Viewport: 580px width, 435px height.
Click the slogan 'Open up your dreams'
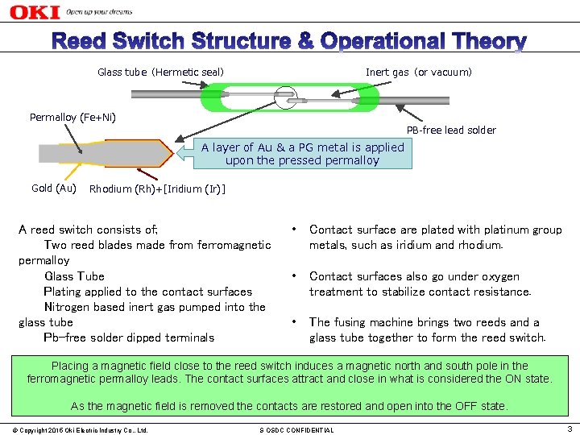click(99, 13)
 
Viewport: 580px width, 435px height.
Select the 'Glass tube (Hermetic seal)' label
click(160, 72)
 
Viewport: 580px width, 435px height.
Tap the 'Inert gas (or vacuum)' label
click(419, 72)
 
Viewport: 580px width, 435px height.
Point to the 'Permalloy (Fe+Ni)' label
click(72, 118)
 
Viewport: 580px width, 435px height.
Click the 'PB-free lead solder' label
click(451, 130)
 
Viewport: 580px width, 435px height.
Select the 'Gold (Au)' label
click(53, 188)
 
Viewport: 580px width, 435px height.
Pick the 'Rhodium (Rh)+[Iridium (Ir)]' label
click(157, 189)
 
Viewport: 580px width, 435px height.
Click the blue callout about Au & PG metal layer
click(302, 153)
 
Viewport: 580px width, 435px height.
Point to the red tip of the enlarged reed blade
click(166, 152)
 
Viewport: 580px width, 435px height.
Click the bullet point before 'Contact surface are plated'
click(296, 230)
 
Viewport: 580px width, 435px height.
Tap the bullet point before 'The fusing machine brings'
click(296, 322)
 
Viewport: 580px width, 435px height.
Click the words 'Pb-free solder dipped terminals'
click(129, 338)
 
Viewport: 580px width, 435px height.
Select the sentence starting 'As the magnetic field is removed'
click(289, 406)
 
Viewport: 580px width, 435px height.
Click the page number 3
click(569, 429)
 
